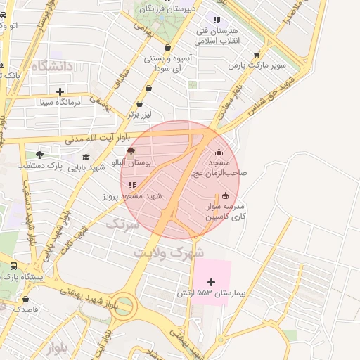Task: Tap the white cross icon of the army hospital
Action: tap(211, 281)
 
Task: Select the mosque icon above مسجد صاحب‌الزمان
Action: tap(219, 153)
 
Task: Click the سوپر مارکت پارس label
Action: tap(257, 65)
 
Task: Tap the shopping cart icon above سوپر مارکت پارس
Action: tap(256, 54)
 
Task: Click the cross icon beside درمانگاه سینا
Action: tap(60, 91)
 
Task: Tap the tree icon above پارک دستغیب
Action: tap(39, 155)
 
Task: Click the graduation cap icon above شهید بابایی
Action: tap(86, 157)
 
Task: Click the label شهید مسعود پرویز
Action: tap(133, 195)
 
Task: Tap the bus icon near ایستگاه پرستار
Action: tap(13, 266)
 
